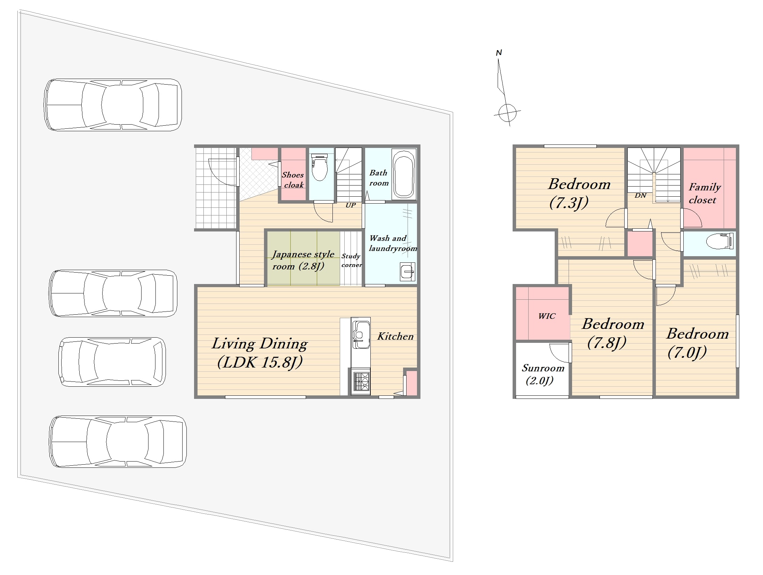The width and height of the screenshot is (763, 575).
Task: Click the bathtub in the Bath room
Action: click(x=404, y=174)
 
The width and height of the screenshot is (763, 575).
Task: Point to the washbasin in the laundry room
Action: click(x=408, y=271)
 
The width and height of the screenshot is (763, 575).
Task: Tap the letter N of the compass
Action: click(x=499, y=53)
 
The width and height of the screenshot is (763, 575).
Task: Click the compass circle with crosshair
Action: click(x=507, y=113)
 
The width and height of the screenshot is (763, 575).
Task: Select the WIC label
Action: click(x=547, y=316)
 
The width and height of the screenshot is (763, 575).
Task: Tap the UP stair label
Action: click(x=351, y=205)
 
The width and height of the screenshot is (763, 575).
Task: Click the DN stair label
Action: click(x=641, y=195)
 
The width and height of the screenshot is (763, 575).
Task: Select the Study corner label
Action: click(x=352, y=260)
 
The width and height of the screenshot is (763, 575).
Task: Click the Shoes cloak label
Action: click(x=293, y=180)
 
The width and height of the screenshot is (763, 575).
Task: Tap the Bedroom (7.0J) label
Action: click(x=697, y=343)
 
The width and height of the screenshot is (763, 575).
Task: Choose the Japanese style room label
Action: click(x=303, y=260)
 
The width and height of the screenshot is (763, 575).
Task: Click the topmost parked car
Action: click(x=113, y=105)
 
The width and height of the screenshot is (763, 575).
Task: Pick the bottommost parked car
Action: click(x=118, y=441)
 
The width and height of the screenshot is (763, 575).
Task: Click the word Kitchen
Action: click(x=395, y=336)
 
